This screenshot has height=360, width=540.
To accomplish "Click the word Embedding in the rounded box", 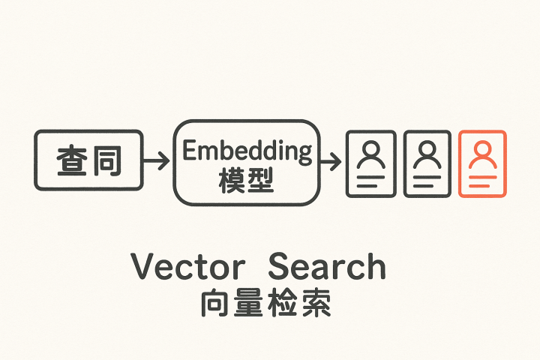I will coord(247,151).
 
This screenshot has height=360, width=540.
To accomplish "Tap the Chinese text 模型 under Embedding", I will coord(247,181).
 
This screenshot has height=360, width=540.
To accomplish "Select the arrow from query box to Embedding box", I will coord(156,160).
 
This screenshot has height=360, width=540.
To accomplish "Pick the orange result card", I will coord(481,163).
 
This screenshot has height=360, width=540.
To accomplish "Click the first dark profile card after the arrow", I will coord(370,163).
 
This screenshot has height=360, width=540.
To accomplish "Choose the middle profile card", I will coord(427,163).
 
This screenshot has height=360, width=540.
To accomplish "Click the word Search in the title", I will coord(327,266).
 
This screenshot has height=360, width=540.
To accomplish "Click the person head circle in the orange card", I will coord(481,149).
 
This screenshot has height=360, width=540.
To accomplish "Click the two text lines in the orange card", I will coord(481,180).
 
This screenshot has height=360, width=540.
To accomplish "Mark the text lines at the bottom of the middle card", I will coord(427,180).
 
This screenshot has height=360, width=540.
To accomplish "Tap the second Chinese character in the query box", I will coord(106,160).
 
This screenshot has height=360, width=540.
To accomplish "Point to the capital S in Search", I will coord(280,266).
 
